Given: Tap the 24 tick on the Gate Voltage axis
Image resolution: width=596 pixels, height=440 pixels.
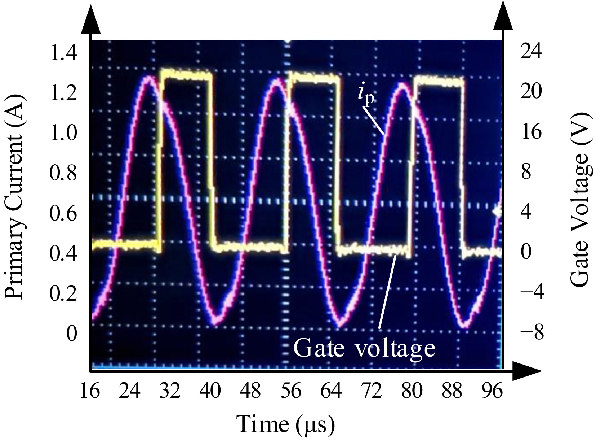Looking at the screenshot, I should pos(531,52).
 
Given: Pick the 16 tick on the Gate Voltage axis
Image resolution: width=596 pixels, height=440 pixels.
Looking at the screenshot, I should pos(531,132).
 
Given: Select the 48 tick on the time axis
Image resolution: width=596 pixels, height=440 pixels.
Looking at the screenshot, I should pos(251,391).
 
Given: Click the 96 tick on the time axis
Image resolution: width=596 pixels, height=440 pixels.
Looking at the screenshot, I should pos(492,391).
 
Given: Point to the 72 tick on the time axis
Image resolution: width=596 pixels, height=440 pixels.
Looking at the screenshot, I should pos(372,391).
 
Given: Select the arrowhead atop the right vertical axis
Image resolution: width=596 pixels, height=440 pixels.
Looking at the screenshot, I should pos(503,18).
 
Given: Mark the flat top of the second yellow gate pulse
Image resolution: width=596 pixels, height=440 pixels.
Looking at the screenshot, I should pos(313,77).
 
